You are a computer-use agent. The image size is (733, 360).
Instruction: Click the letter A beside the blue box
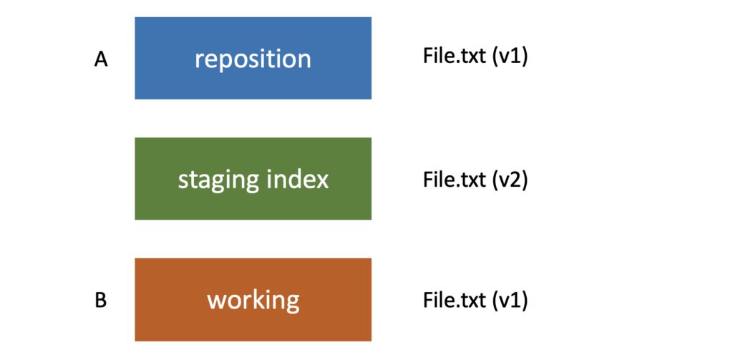pyautogui.click(x=101, y=60)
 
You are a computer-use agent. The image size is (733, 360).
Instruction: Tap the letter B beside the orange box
pyautogui.click(x=101, y=301)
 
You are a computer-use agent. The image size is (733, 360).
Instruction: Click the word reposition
pyautogui.click(x=253, y=58)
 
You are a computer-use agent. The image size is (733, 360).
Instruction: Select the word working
pyautogui.click(x=253, y=300)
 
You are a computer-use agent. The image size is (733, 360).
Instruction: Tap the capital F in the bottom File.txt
pyautogui.click(x=427, y=299)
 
